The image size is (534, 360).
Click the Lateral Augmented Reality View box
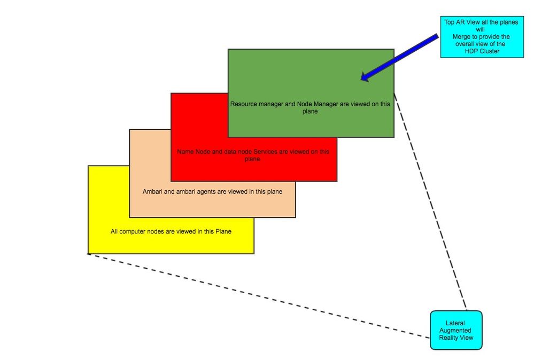[456, 330]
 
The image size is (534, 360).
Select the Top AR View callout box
[482, 36]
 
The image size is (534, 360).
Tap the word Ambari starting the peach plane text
[153, 191]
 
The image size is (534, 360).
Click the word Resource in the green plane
[243, 104]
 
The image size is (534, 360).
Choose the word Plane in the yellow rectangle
[223, 232]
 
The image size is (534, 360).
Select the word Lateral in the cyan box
[455, 323]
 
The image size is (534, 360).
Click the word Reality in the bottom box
[450, 338]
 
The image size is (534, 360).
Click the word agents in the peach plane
[204, 191]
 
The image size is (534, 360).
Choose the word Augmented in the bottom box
[456, 330]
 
